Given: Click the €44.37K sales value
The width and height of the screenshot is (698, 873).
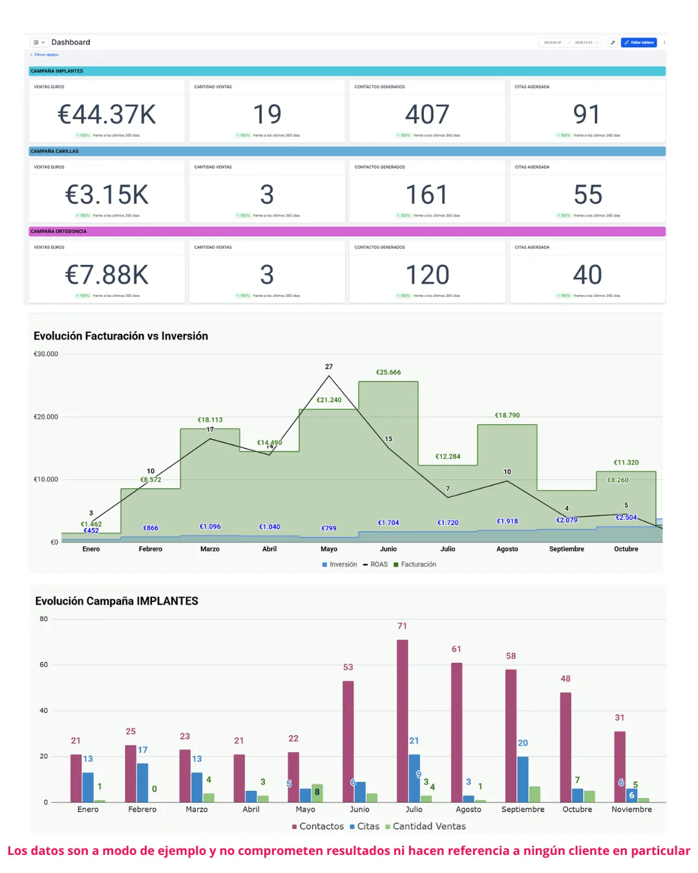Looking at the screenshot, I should [107, 115].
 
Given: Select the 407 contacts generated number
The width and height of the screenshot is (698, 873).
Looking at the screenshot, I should [427, 115].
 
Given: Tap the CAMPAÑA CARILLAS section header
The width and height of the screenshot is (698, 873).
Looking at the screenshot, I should [55, 151].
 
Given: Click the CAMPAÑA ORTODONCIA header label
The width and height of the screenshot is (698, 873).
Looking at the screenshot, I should [59, 232].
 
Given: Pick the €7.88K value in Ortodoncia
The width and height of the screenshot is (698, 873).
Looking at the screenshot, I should [107, 275].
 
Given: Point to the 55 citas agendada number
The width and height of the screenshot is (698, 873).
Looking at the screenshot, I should [587, 195].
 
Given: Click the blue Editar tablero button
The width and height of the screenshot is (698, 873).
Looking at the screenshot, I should [639, 43].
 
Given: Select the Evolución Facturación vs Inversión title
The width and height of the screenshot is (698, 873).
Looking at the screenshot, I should [121, 336].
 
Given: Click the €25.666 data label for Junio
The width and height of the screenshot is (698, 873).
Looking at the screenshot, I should [388, 372].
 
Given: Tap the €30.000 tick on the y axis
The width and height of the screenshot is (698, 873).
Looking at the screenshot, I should [46, 354].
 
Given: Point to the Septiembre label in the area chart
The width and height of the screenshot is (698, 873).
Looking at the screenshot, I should [566, 549].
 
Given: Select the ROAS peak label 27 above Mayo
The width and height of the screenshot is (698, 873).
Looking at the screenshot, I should [329, 367].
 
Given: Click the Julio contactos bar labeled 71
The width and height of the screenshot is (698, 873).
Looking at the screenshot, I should [402, 721].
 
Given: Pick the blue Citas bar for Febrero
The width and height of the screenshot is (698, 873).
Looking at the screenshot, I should [142, 782].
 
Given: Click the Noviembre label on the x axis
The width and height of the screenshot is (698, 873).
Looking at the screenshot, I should [631, 810].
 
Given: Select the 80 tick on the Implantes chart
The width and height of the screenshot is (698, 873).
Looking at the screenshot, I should [44, 619].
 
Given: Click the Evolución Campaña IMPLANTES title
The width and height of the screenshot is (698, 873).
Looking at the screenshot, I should [117, 601].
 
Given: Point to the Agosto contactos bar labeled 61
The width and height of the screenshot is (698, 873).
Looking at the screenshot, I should [456, 732].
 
